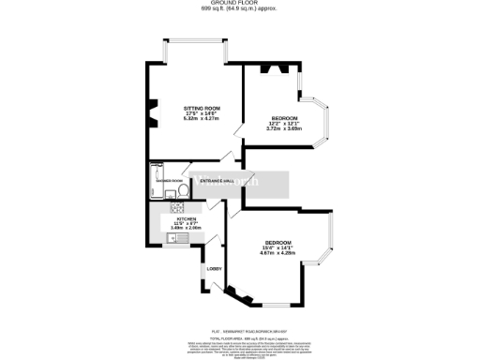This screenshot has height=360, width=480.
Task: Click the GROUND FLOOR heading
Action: [240, 4]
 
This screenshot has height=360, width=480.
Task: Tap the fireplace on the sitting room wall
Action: [148, 116]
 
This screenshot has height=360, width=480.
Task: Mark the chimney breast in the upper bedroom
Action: [276, 68]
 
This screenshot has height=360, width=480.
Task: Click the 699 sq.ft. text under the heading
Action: [240, 9]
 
